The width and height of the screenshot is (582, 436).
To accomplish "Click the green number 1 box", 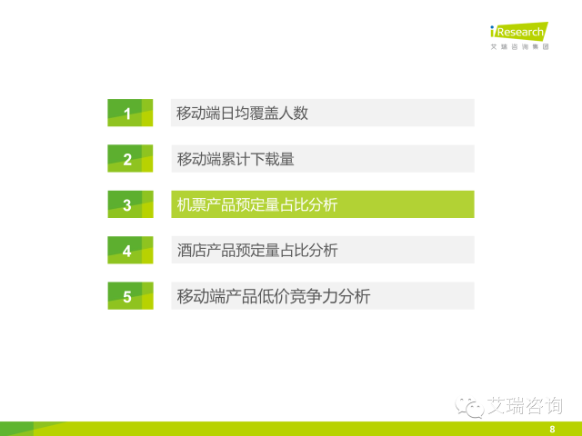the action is (130, 113).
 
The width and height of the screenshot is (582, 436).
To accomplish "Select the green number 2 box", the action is (130, 158).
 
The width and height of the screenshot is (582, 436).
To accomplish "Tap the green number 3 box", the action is (130, 204).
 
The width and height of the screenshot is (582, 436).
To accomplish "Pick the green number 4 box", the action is (130, 250).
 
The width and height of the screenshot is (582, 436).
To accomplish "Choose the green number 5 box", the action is (130, 296).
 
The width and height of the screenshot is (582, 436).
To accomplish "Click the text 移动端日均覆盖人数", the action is (243, 113).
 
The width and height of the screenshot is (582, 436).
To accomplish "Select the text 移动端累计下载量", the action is (236, 159).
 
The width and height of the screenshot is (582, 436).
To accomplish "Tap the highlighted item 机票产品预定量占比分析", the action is (323, 204).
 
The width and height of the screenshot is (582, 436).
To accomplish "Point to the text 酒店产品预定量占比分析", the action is (257, 251).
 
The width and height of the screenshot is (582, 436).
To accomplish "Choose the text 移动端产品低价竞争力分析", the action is (274, 296).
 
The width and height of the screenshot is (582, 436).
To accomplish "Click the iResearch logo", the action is (519, 32).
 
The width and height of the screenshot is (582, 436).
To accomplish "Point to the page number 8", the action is (552, 430).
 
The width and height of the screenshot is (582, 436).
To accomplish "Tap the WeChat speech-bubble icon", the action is (469, 407).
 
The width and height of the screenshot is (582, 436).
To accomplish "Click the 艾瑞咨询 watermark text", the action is (525, 405).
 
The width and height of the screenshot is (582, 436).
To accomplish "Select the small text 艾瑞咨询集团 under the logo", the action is (519, 46).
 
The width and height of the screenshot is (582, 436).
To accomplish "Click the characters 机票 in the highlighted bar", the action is (191, 204).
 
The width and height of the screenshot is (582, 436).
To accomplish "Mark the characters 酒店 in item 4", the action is (191, 251).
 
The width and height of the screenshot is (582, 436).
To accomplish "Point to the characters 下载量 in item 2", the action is (272, 159).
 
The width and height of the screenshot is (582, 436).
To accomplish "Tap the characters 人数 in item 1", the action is (294, 113).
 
